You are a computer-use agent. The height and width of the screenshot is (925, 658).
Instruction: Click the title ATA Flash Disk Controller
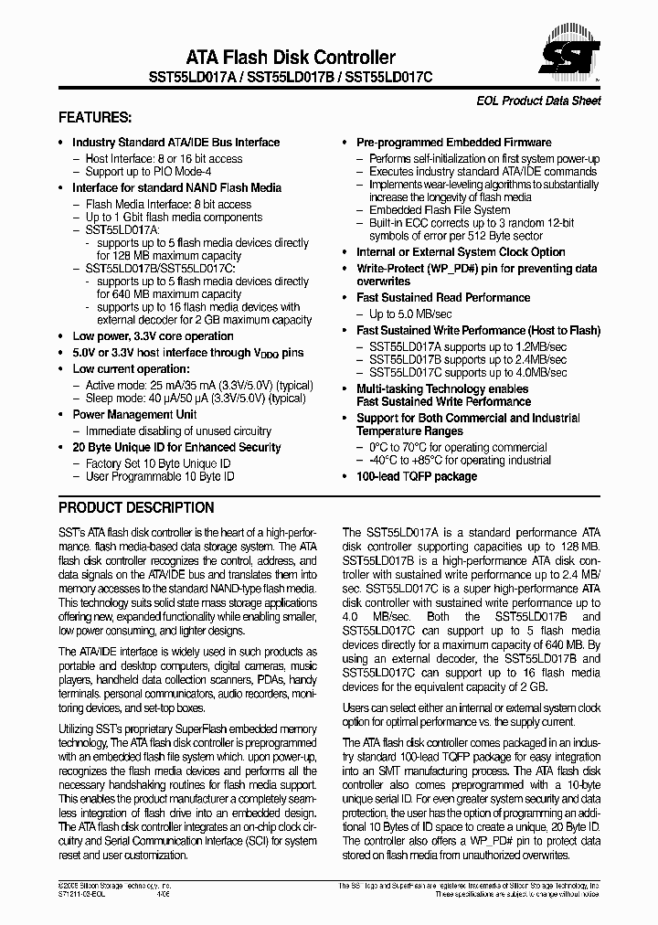pyautogui.click(x=291, y=58)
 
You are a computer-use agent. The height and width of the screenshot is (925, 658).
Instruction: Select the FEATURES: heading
pyautogui.click(x=95, y=118)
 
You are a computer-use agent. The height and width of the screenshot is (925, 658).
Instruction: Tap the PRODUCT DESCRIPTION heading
pyautogui.click(x=136, y=507)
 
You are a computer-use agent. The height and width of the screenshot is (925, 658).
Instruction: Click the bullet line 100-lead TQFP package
pyautogui.click(x=416, y=476)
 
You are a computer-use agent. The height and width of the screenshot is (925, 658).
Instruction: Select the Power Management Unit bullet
pyautogui.click(x=134, y=414)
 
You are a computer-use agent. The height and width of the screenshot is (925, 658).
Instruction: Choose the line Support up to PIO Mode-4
pyautogui.click(x=148, y=171)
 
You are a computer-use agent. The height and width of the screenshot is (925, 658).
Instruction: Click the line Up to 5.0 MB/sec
pyautogui.click(x=411, y=314)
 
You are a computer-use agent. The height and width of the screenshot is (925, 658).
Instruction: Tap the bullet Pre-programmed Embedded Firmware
pyautogui.click(x=453, y=143)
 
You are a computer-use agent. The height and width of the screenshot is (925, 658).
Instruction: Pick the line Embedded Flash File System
pyautogui.click(x=440, y=210)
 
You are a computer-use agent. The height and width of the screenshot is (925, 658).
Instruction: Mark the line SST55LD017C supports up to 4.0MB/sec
pyautogui.click(x=467, y=372)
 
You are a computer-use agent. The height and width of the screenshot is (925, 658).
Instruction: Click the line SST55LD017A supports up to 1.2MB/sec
pyautogui.click(x=467, y=346)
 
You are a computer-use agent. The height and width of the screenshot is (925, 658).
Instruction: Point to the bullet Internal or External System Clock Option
pyautogui.click(x=461, y=252)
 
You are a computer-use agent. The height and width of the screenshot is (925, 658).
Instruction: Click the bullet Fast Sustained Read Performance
pyautogui.click(x=442, y=297)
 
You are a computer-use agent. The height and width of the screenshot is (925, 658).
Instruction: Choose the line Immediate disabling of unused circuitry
pyautogui.click(x=178, y=431)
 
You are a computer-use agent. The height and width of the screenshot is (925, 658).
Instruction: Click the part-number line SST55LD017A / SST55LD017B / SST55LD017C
pyautogui.click(x=291, y=80)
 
